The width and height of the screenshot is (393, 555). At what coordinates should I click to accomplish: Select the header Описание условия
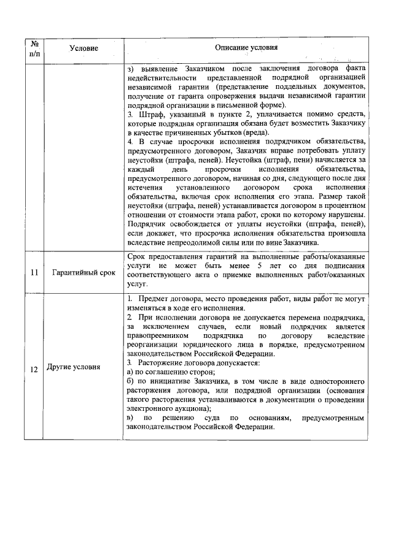[x=246, y=48]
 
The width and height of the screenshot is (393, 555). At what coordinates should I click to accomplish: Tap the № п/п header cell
[x=34, y=48]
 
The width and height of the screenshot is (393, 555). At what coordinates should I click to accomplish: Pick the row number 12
[x=34, y=369]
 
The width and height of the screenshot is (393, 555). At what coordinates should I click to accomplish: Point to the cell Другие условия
[x=74, y=369]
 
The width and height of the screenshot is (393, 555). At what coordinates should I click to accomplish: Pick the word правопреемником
[x=157, y=336]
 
